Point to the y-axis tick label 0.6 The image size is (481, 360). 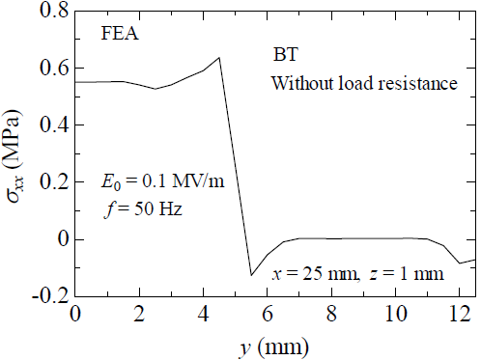click(49, 69)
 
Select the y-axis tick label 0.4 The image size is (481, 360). click(49, 125)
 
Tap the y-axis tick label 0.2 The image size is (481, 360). click(49, 182)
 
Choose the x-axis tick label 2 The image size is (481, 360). click(139, 314)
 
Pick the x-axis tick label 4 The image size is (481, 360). click(203, 314)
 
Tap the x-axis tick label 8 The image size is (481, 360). click(331, 314)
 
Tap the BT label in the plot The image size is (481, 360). click(288, 57)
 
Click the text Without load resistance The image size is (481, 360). click(363, 84)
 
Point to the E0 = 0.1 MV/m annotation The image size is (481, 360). click(162, 181)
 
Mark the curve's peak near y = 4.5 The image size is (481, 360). click(219, 57)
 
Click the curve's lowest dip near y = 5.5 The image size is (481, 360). click(251, 275)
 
